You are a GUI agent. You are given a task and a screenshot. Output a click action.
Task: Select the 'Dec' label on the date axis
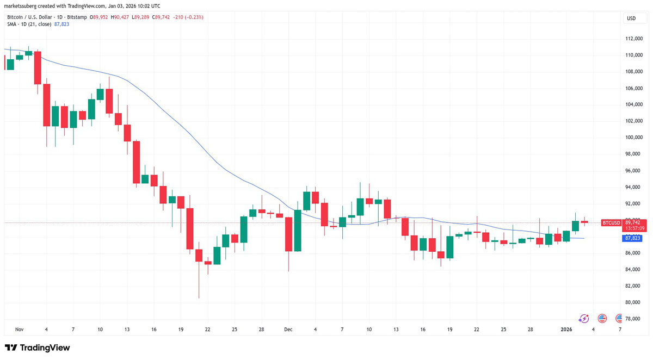click(288, 330)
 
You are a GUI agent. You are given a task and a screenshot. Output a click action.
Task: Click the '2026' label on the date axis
click(566, 330)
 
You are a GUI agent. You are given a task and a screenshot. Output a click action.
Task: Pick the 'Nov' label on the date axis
click(20, 330)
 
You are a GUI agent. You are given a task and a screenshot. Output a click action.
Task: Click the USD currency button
click(631, 18)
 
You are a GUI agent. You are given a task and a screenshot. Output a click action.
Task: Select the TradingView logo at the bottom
click(38, 348)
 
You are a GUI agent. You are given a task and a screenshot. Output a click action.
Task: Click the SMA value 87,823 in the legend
click(61, 24)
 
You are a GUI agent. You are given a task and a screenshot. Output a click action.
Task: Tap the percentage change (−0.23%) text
click(194, 17)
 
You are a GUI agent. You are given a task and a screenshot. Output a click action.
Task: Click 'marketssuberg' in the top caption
click(23, 5)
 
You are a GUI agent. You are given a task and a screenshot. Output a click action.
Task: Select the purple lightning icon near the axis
click(584, 319)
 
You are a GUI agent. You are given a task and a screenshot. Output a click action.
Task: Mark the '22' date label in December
click(476, 330)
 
